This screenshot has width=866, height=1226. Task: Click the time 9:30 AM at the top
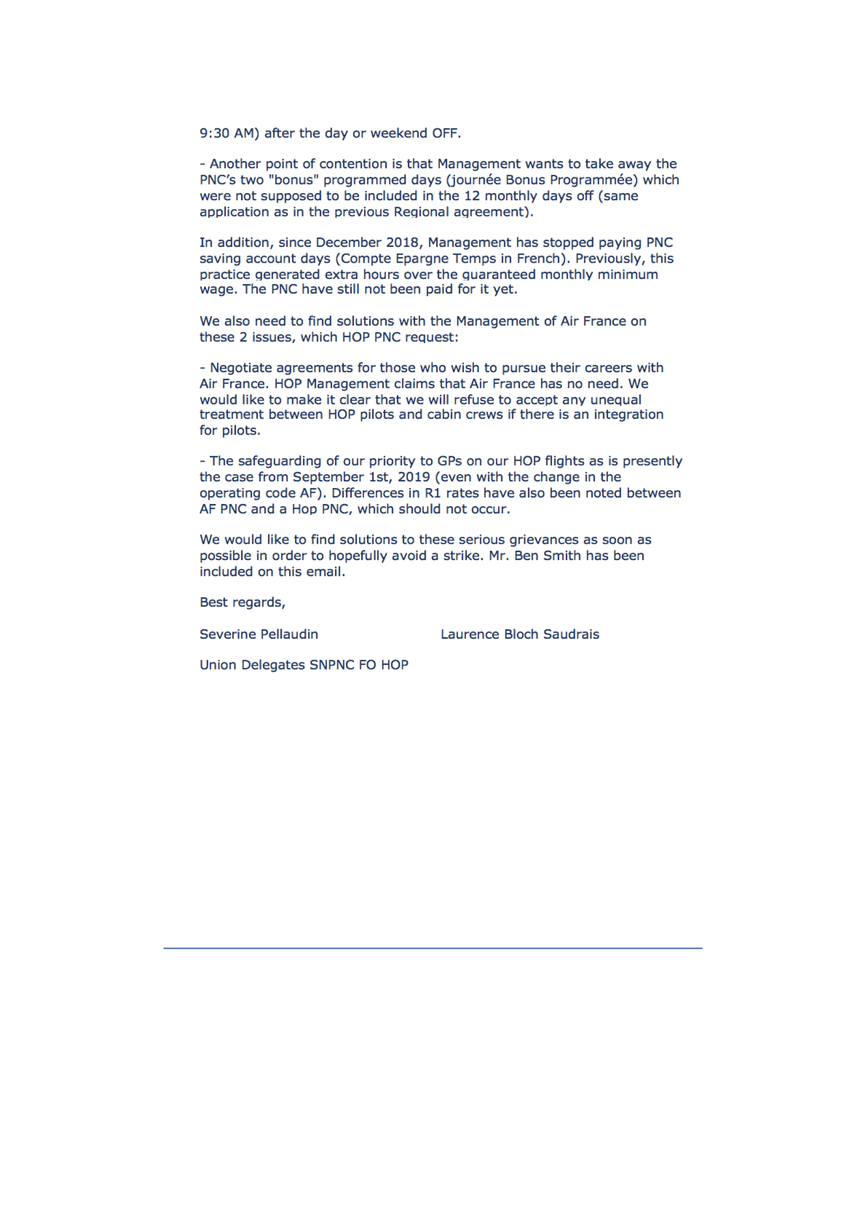[229, 133]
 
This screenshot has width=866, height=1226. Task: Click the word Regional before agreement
[421, 212]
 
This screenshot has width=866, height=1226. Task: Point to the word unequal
[615, 400]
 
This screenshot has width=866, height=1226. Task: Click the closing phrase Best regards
[242, 603]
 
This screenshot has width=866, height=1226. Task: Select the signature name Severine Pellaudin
[258, 634]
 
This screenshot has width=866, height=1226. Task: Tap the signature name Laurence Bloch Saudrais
[519, 634]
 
